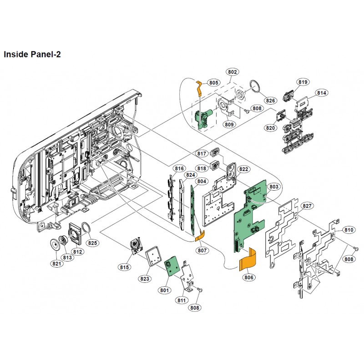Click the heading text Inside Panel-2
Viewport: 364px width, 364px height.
tap(32, 54)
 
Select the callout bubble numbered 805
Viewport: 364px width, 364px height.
tap(213, 82)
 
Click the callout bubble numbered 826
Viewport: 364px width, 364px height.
tap(271, 101)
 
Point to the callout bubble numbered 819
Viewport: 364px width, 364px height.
tap(303, 82)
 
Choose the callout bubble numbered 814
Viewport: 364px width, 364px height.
tap(322, 93)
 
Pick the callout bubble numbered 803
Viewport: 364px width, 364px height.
tap(274, 187)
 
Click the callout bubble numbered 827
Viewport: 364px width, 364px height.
tap(307, 206)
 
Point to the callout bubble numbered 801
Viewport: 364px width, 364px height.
tap(164, 288)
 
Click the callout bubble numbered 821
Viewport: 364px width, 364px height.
tap(57, 264)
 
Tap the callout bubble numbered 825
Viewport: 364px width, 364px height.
tap(93, 243)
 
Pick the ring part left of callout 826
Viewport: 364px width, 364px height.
tap(256, 86)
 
